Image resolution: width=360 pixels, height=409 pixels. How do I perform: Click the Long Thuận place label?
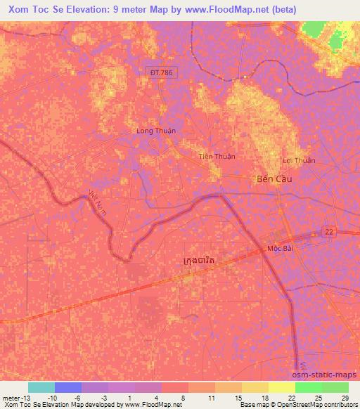tap(155, 131)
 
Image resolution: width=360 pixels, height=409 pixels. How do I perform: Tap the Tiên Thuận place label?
tap(217, 156)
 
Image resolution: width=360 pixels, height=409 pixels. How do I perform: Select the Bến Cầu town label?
tap(273, 179)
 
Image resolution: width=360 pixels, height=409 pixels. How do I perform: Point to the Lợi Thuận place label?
tap(299, 160)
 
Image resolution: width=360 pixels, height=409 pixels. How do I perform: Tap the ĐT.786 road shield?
tap(161, 72)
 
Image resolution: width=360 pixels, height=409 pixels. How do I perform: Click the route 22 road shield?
tap(329, 231)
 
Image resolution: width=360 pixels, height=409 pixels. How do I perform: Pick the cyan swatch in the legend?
tap(41, 387)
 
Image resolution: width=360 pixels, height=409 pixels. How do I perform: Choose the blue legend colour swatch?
tap(68, 387)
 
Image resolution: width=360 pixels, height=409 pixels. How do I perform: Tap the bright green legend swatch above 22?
tap(308, 387)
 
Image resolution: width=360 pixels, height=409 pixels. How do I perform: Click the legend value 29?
tap(343, 397)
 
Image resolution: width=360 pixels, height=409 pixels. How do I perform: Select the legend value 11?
tap(210, 397)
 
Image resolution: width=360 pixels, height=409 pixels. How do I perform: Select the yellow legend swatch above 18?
tap(255, 387)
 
